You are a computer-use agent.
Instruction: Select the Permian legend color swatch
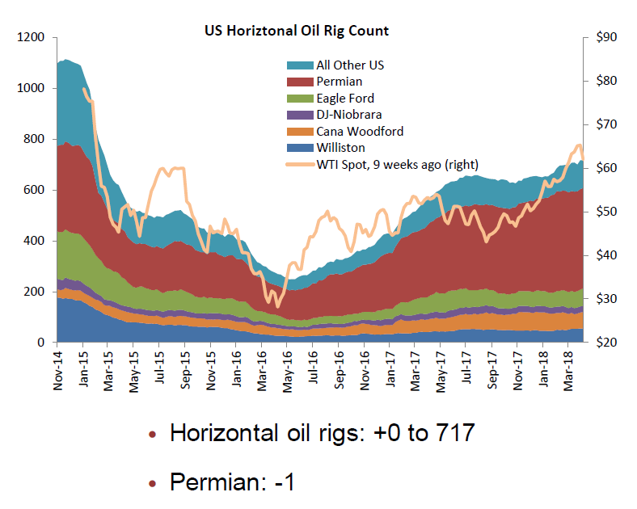click(300, 82)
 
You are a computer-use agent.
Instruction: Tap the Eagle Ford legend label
click(345, 98)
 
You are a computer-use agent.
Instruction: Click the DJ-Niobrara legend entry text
click(349, 115)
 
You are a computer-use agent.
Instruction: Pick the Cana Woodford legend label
click(360, 131)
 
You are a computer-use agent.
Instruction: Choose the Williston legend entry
click(340, 148)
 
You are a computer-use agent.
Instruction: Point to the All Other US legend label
click(350, 65)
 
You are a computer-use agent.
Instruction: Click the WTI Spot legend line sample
click(300, 164)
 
